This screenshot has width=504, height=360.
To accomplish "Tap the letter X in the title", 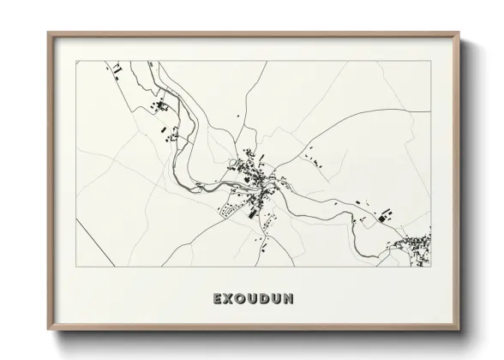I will click(229, 299).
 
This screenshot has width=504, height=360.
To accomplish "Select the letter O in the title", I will click(243, 299).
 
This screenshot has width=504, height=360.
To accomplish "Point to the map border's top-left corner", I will click(76, 61).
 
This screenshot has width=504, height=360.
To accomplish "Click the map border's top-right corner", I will click(431, 61).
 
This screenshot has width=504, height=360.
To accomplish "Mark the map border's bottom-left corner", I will click(76, 267).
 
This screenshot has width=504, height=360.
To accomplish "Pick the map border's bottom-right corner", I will click(431, 267).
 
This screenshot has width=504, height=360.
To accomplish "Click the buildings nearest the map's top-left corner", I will click(111, 68).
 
